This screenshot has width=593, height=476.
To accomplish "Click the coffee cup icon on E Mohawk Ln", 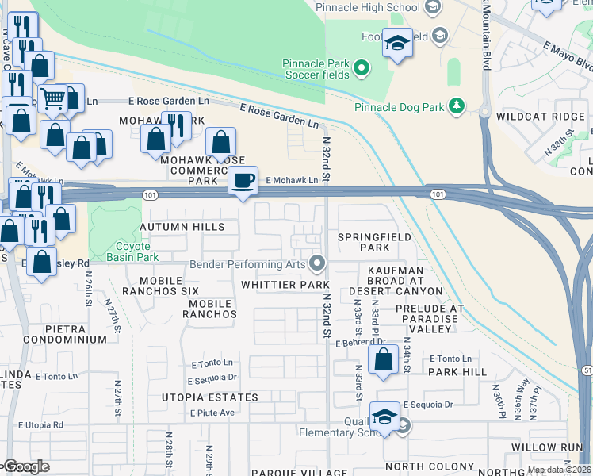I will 243,179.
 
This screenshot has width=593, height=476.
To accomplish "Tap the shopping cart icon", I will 52,99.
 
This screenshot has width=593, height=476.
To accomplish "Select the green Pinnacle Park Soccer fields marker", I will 362,68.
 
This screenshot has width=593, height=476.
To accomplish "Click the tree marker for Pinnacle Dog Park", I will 456,106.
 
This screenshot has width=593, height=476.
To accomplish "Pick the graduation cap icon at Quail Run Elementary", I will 384,416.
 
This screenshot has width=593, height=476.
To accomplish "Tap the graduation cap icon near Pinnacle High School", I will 397,43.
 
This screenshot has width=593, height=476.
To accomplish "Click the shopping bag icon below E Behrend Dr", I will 384,359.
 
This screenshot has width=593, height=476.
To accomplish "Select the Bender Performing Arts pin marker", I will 317,263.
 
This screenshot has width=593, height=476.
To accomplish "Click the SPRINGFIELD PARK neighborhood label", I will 374,243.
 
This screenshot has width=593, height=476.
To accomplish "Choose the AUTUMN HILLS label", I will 182,227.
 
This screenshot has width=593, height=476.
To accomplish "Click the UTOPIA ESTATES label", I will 199,397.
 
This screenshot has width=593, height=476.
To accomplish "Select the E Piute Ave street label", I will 212,413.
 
